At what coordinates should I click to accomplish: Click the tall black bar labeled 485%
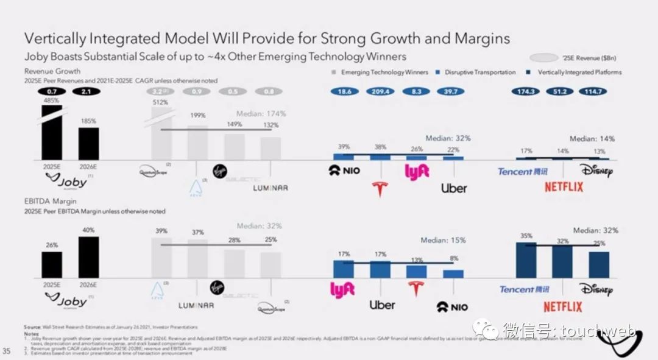(x=52, y=134)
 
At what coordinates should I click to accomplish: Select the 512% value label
(x=161, y=102)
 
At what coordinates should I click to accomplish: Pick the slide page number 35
(x=7, y=350)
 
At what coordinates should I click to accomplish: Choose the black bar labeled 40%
(x=88, y=257)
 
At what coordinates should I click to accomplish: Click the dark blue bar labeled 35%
(x=526, y=260)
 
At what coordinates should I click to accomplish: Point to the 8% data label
(x=453, y=258)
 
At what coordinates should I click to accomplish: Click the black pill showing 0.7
(x=52, y=91)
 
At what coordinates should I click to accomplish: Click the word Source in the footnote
(x=32, y=327)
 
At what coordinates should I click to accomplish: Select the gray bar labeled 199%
(x=197, y=143)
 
